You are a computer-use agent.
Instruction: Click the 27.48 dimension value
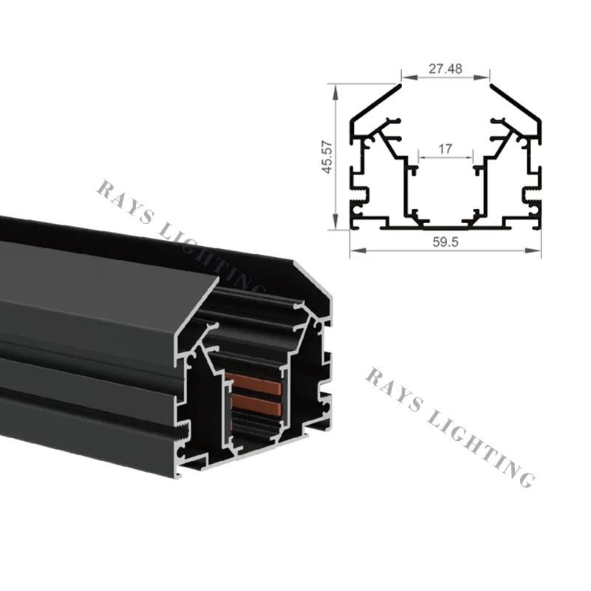pyautogui.click(x=445, y=68)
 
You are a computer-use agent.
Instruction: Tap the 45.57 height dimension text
pyautogui.click(x=326, y=157)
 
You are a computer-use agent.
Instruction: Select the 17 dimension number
pyautogui.click(x=445, y=148)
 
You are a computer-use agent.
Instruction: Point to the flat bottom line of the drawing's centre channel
pyautogui.click(x=445, y=226)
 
